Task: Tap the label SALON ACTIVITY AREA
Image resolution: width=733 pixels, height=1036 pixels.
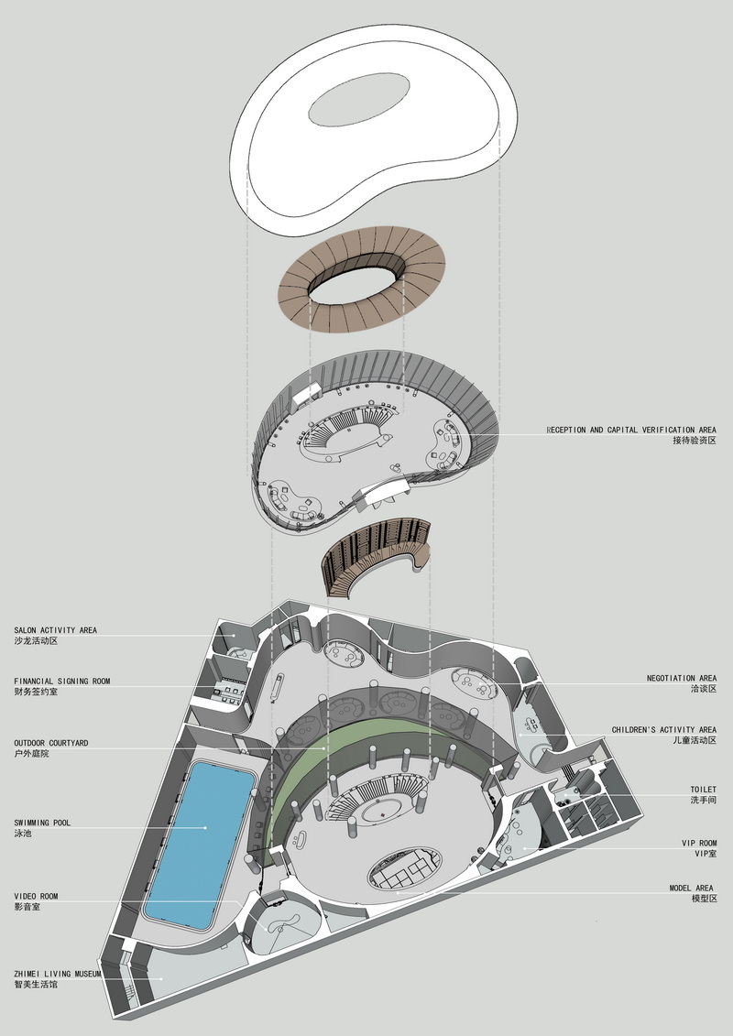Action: (56, 630)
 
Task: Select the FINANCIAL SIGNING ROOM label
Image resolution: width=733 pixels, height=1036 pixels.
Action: (62, 682)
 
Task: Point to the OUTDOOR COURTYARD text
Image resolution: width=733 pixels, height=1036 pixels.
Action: (51, 743)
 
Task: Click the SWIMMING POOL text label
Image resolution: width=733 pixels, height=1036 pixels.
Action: (42, 823)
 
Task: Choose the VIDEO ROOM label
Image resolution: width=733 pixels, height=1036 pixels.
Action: (36, 897)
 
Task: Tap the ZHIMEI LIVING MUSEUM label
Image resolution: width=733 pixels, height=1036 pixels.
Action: (58, 974)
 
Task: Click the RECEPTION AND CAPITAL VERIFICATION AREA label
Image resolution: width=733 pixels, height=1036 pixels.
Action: (631, 431)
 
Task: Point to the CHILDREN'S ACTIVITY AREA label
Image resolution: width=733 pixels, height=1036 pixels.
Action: (663, 730)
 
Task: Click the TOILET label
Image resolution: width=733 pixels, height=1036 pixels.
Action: (704, 790)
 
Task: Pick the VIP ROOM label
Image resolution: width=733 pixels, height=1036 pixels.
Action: (699, 844)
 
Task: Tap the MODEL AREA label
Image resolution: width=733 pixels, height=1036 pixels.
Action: (692, 889)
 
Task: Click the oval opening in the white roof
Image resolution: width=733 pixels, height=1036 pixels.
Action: (359, 100)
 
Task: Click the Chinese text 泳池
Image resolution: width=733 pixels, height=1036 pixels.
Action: (23, 834)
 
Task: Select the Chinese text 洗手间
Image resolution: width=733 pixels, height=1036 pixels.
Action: (704, 800)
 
